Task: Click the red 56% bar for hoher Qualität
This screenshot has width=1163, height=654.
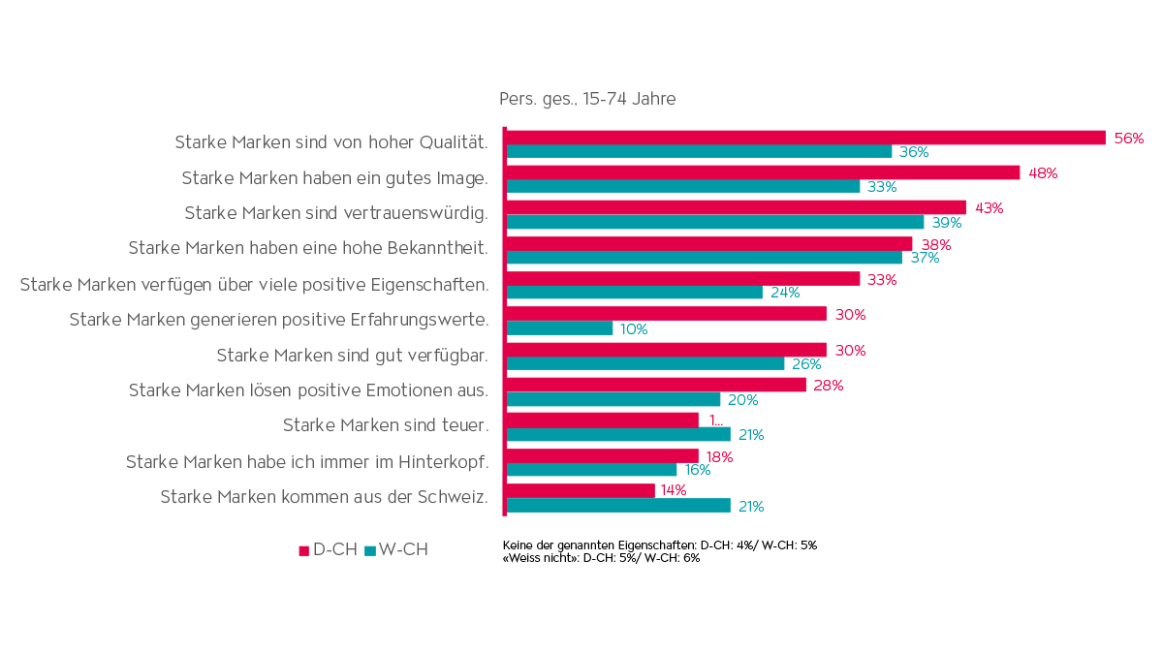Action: pyautogui.click(x=805, y=138)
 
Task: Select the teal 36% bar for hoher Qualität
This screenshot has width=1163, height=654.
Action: pyautogui.click(x=699, y=152)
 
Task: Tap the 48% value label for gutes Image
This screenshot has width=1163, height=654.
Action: pyautogui.click(x=1042, y=173)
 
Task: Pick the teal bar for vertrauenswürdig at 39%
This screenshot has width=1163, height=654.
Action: pyautogui.click(x=715, y=223)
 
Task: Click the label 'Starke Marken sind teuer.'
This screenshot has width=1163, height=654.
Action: pyautogui.click(x=385, y=425)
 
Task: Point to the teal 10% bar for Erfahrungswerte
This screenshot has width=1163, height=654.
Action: pyautogui.click(x=560, y=328)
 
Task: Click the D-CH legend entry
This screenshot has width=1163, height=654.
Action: pyautogui.click(x=328, y=550)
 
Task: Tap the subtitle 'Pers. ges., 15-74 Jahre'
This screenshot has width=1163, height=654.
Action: pyautogui.click(x=587, y=99)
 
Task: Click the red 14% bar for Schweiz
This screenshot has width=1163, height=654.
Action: pyautogui.click(x=581, y=490)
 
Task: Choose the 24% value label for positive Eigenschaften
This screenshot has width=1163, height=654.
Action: pyautogui.click(x=785, y=293)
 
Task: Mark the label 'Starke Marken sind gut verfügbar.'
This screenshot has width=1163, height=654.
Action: pyautogui.click(x=351, y=355)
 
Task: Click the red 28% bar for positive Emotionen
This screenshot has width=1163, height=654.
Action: pyautogui.click(x=656, y=385)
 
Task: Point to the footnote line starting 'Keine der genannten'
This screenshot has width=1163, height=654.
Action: pyautogui.click(x=659, y=545)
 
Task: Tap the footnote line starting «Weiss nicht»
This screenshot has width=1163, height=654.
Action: pyautogui.click(x=601, y=558)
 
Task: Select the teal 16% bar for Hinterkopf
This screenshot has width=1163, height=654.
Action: pyautogui.click(x=592, y=470)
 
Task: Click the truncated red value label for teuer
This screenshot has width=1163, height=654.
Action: pyautogui.click(x=716, y=420)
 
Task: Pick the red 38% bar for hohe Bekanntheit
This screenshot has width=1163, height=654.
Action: pyautogui.click(x=709, y=243)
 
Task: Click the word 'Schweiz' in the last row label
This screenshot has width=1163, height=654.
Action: pyautogui.click(x=453, y=496)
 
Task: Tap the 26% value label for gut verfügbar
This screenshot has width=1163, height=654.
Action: pyautogui.click(x=806, y=364)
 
